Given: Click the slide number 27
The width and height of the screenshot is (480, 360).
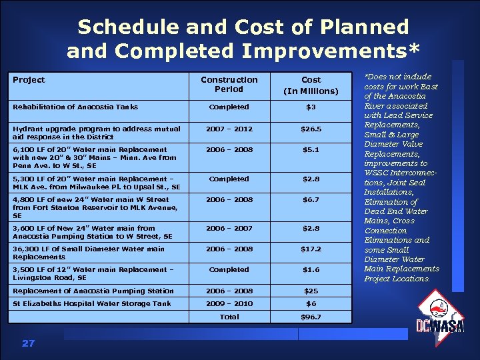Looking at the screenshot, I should [x=28, y=343].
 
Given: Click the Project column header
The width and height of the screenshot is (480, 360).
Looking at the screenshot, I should [x=29, y=80].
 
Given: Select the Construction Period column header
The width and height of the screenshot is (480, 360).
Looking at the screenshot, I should [x=229, y=84].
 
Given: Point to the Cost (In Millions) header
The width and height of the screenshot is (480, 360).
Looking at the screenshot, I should [x=311, y=85].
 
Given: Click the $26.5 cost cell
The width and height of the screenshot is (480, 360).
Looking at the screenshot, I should [x=311, y=129].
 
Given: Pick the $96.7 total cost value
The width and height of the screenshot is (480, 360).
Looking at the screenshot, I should [x=311, y=317].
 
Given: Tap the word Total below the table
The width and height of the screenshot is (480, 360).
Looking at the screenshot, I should [x=229, y=317].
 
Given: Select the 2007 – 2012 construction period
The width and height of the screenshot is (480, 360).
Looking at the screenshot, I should [x=229, y=129].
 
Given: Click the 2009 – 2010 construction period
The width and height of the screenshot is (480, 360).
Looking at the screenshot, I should [x=229, y=303].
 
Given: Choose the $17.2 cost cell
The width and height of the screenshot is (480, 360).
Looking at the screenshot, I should [x=311, y=249].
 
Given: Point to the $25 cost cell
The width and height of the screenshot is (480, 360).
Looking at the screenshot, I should [x=311, y=291].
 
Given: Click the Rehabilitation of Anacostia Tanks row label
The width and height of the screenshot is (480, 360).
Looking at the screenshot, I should [x=75, y=107].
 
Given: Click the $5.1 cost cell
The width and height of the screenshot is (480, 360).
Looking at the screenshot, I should [x=311, y=149].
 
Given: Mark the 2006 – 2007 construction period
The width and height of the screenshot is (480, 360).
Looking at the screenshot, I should [x=229, y=228].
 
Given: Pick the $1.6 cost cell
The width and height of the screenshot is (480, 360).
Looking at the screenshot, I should [x=311, y=269].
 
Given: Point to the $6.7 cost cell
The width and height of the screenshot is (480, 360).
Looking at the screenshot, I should [x=311, y=199].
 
